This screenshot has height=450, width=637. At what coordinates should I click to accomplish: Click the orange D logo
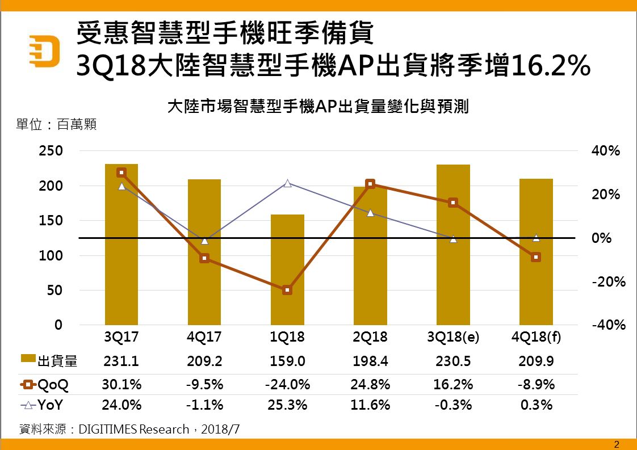[x=46, y=52]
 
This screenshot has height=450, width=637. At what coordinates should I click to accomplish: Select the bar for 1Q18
[x=287, y=270]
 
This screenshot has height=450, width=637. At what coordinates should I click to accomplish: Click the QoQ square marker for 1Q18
[x=287, y=290]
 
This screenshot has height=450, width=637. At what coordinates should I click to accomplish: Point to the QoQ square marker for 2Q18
[x=370, y=184]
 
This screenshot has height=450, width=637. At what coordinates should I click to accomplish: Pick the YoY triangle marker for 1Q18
[x=287, y=183]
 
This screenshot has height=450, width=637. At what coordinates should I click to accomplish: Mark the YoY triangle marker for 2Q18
[x=370, y=213]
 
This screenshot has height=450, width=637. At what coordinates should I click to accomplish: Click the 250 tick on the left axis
[x=51, y=151]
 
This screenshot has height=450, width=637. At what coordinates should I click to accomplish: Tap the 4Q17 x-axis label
[x=204, y=337]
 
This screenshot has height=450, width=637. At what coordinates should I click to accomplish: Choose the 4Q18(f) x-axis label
[x=536, y=337]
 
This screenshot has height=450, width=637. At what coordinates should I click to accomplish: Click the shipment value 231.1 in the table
[x=121, y=361]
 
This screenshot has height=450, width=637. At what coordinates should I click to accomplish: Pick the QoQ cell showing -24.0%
[x=287, y=385]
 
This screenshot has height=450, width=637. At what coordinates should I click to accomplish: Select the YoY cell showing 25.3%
[x=287, y=405]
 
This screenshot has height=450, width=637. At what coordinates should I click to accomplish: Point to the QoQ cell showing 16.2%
[x=453, y=385]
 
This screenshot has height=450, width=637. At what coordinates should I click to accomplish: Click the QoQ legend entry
[x=45, y=385]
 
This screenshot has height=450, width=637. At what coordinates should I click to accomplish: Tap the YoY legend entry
[x=45, y=405]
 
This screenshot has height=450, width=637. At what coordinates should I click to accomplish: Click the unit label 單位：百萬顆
[x=56, y=124]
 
